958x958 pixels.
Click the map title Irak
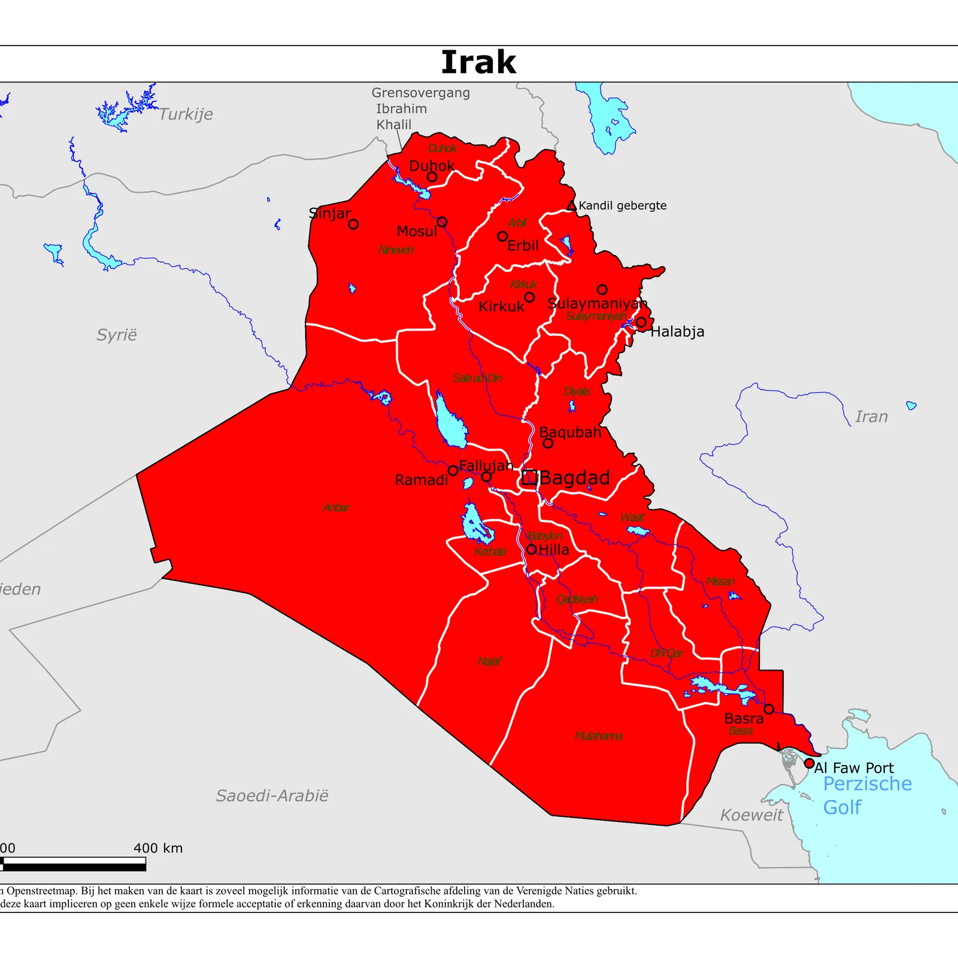(478, 62)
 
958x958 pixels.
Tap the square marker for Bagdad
(529, 477)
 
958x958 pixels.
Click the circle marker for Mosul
(442, 222)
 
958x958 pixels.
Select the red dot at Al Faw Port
(809, 763)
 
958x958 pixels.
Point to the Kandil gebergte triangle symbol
(572, 206)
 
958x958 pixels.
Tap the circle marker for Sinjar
(353, 224)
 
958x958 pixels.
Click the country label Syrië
(117, 335)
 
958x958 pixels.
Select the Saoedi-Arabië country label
(272, 796)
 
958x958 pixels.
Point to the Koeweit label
(751, 815)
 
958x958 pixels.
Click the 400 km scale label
(158, 848)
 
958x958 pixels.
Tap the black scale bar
(74, 864)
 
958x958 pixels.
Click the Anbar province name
(336, 508)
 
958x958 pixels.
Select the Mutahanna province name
(598, 736)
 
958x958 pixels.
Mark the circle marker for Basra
(769, 709)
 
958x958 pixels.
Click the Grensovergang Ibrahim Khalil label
(420, 109)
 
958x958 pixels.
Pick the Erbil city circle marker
(502, 237)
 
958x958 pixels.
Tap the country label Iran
(871, 417)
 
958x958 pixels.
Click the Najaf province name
(489, 661)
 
